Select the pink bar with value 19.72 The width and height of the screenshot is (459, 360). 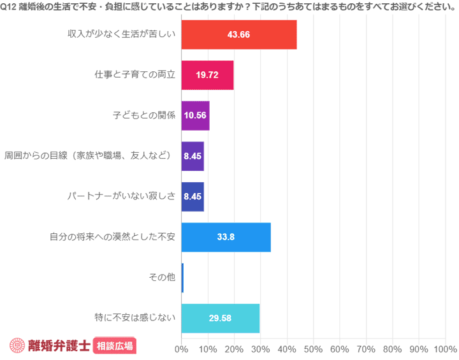click(x=207, y=75)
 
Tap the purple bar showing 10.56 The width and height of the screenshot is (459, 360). click(x=195, y=115)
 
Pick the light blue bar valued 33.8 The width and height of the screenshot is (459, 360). click(x=226, y=237)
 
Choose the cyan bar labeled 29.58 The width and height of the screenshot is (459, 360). click(x=220, y=318)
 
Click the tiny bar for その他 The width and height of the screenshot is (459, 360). click(x=182, y=278)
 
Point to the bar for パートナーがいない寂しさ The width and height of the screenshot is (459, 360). click(x=193, y=196)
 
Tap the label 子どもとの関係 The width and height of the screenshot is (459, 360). click(x=143, y=115)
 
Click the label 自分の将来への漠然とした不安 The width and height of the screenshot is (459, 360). click(x=112, y=237)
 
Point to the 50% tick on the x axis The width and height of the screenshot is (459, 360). click(x=313, y=349)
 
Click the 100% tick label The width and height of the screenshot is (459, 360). click(x=444, y=349)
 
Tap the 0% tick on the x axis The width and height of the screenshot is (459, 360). click(x=182, y=349)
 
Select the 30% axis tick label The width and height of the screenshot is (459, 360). click(x=260, y=349)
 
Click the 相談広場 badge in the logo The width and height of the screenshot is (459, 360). click(x=115, y=345)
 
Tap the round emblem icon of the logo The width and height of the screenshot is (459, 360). click(x=17, y=345)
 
